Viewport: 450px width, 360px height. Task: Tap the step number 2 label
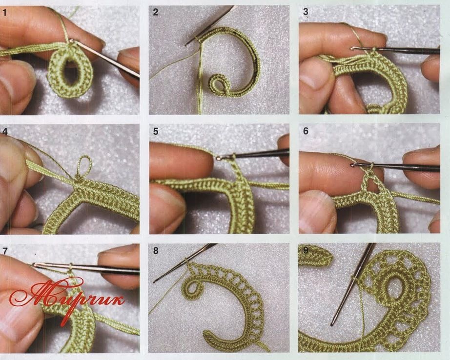pyautogui.click(x=156, y=12)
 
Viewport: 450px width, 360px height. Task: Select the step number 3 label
pyautogui.click(x=306, y=12)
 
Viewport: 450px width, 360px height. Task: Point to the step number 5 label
pyautogui.click(x=156, y=131)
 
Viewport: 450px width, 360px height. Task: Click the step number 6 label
pyautogui.click(x=306, y=131)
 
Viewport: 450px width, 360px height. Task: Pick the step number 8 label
pyautogui.click(x=156, y=251)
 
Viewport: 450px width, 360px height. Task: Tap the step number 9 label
pyautogui.click(x=306, y=250)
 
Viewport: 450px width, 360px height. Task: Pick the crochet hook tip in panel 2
pyautogui.click(x=186, y=44)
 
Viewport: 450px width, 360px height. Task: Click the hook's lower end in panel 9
pyautogui.click(x=332, y=324)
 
